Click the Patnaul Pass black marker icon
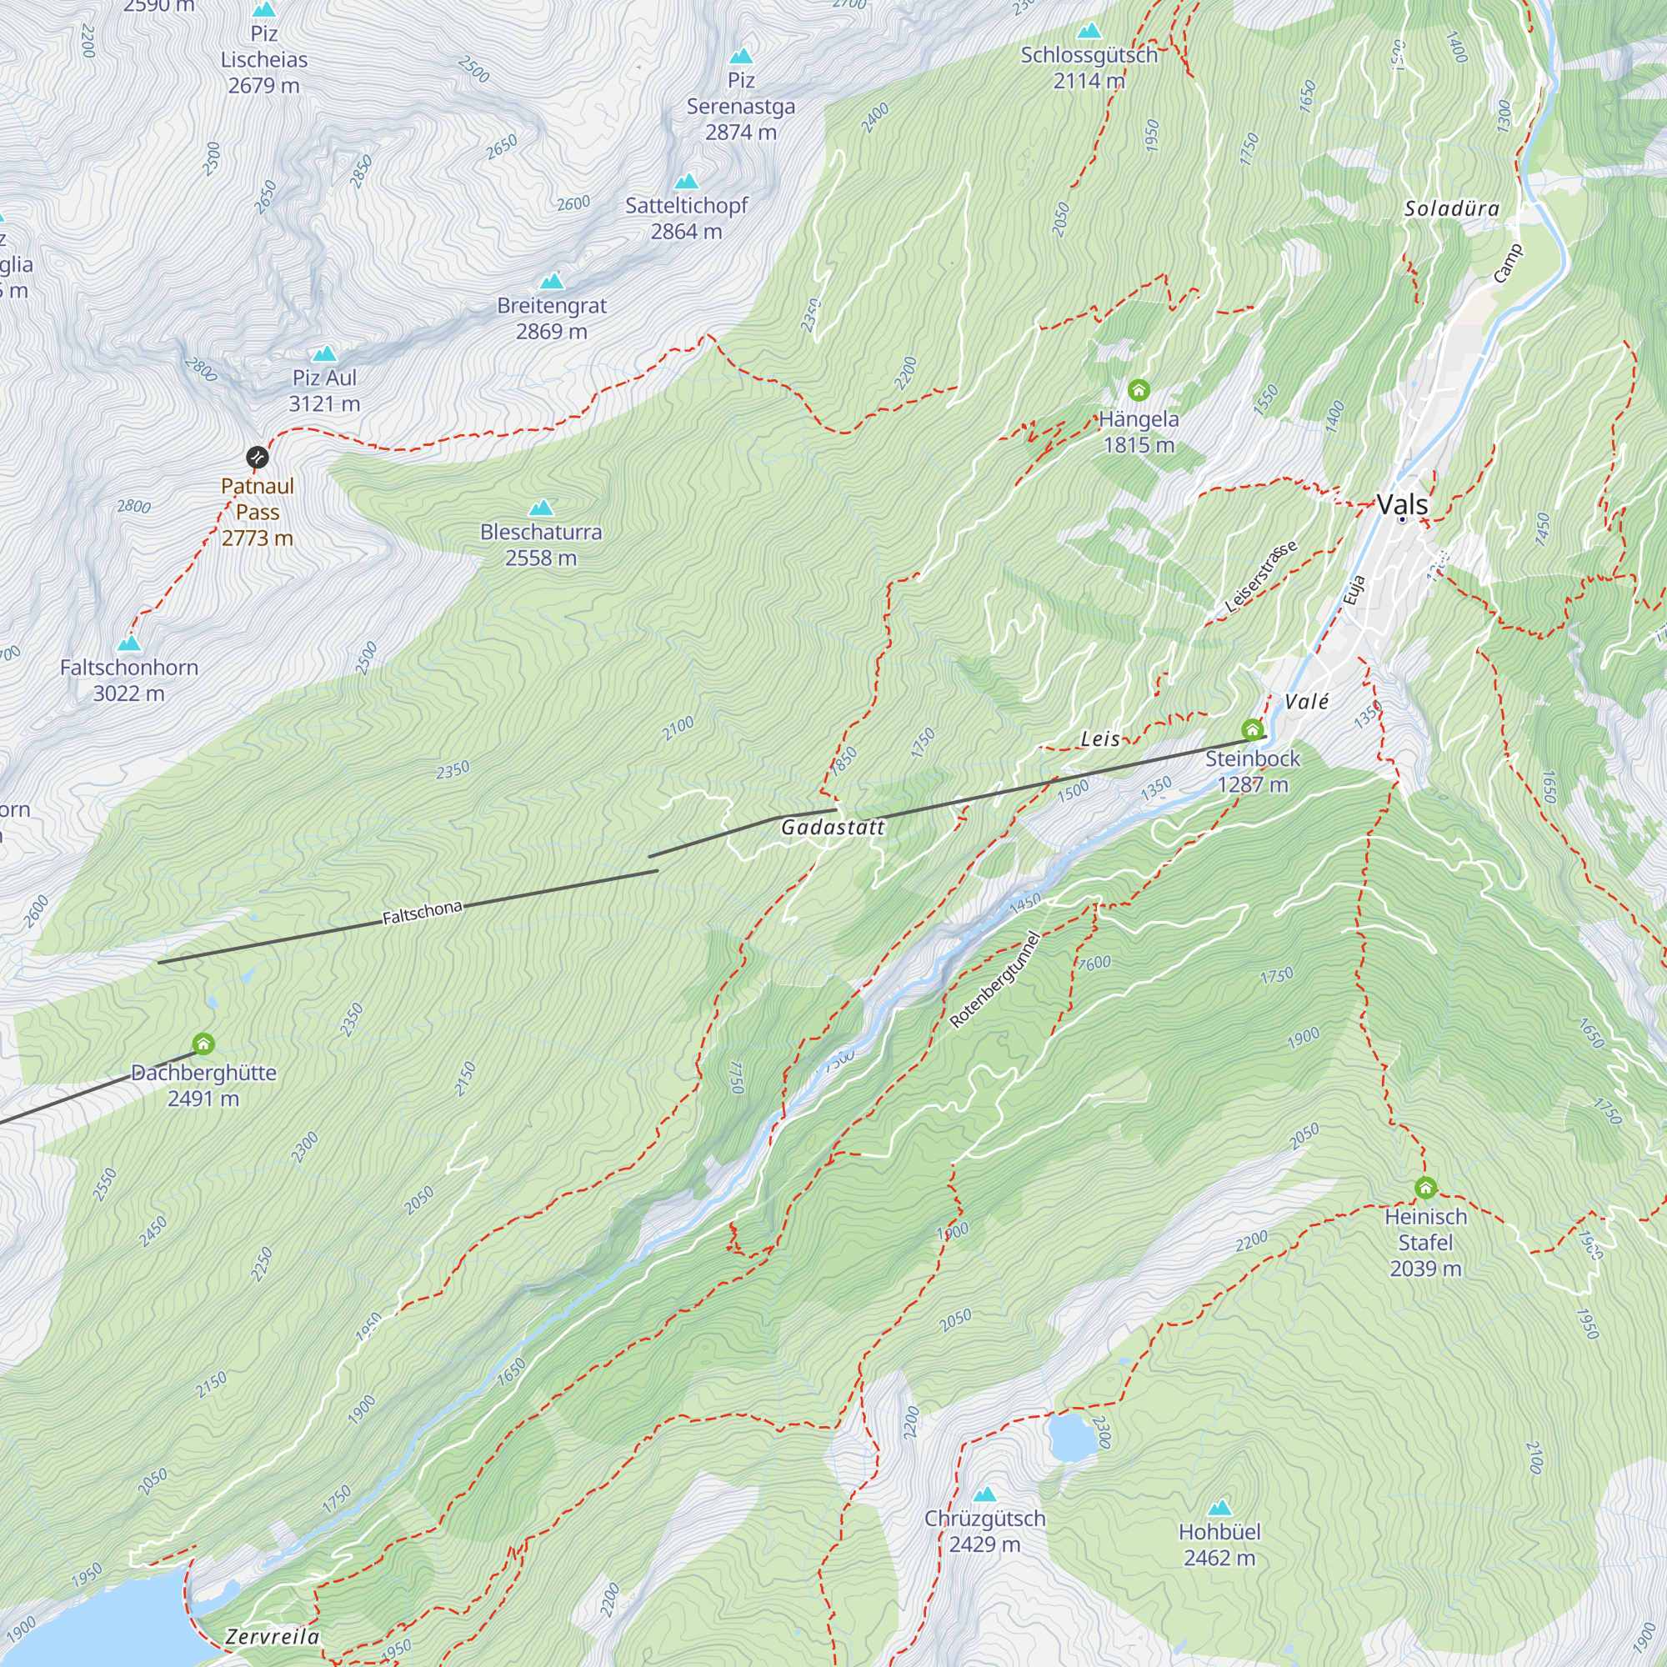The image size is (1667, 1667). [257, 458]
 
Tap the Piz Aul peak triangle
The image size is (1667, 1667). [324, 353]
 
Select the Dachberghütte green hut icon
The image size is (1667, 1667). [203, 1044]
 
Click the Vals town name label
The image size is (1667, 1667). [1402, 505]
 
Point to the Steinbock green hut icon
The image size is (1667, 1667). [1252, 731]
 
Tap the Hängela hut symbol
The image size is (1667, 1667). [1139, 391]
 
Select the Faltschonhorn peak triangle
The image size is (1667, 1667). [129, 643]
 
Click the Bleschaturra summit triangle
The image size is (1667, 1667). [541, 508]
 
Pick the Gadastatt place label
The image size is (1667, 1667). [833, 828]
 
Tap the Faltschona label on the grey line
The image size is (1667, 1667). [423, 912]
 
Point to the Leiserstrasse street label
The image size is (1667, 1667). [1261, 577]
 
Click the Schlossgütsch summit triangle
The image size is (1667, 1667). [1089, 31]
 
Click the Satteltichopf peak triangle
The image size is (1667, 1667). [687, 181]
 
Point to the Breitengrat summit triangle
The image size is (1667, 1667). [551, 281]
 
